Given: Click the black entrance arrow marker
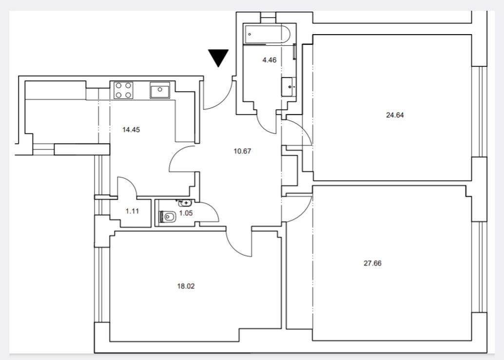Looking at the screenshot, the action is coord(218,57).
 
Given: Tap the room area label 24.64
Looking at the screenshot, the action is coord(395,115).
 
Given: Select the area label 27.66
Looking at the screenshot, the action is coord(372,264).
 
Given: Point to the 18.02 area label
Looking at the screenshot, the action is coord(186,286).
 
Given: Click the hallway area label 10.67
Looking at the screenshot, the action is coord(242,151).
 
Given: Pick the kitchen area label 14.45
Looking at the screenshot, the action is coord(131,130).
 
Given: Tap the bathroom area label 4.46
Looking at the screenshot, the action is coord(270,60).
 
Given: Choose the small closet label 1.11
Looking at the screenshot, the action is coord(132,211).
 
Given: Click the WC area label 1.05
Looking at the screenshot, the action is coord(186,213).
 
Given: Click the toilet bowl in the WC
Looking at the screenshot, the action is coord(168,217).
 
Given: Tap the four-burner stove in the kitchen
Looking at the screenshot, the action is coord(123,90).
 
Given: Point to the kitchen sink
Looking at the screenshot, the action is coord(160,90).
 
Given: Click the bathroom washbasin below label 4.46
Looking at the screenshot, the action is coord(289,87).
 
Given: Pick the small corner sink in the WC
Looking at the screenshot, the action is coord(184,203).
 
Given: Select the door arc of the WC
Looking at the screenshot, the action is coord(212,209).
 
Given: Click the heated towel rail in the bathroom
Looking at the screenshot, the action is coord(294,51).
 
